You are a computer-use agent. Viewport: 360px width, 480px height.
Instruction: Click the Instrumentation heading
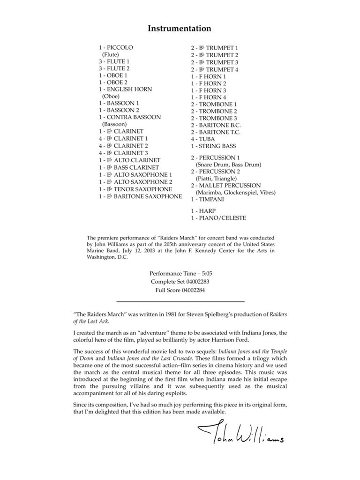coord(180,29)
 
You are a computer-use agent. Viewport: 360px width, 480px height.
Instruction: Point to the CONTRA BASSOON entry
coord(129,117)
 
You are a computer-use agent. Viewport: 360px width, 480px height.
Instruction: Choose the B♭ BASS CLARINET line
coord(128,167)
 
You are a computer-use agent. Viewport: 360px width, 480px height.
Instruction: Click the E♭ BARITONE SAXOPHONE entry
coord(140,196)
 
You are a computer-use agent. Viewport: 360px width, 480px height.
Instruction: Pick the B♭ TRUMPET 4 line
coord(214,69)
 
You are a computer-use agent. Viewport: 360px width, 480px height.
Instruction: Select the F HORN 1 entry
coord(208,76)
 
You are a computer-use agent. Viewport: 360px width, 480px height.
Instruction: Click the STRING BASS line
coord(213,146)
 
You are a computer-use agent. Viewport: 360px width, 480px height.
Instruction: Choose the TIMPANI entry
coord(207,199)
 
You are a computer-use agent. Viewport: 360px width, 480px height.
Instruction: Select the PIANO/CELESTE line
coord(218,218)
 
